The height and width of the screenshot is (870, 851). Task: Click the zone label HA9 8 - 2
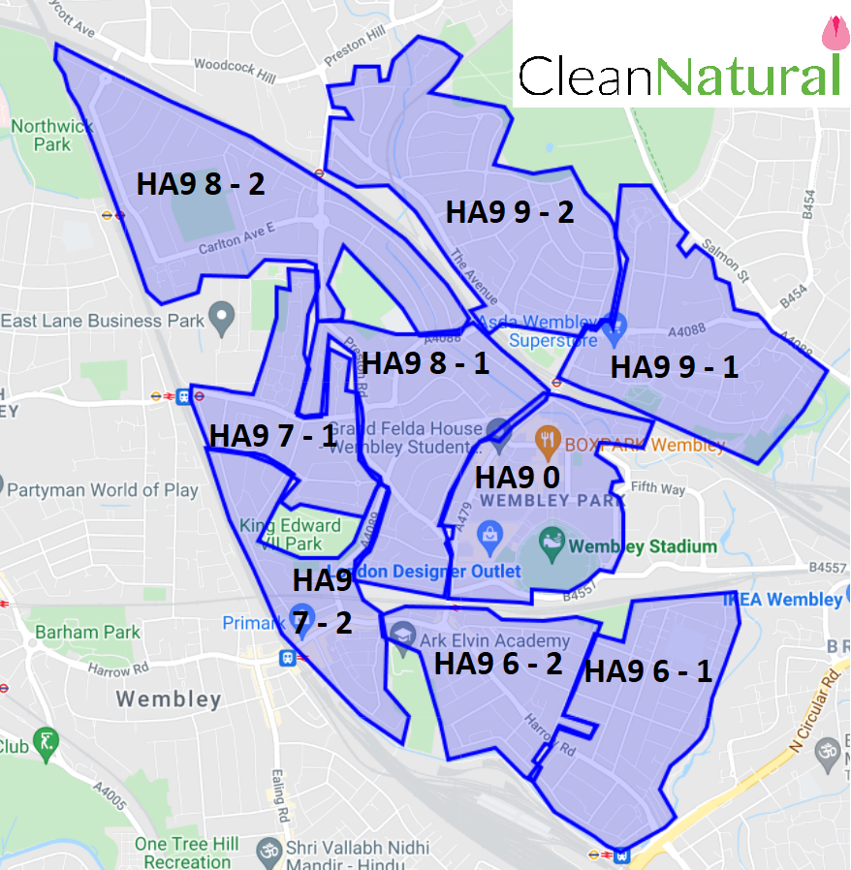point(201,184)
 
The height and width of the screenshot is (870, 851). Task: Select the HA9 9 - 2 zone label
point(510,212)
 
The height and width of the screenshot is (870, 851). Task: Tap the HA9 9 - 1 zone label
point(674,367)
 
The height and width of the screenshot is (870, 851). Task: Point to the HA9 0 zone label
point(517,478)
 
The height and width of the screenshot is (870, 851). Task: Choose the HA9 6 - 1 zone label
point(647,670)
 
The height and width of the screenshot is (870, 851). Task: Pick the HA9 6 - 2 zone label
point(498,664)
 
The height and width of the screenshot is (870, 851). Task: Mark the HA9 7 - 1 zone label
point(273,436)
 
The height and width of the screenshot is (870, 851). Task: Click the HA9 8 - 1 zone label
point(425,363)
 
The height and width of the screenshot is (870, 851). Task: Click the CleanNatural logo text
point(678,76)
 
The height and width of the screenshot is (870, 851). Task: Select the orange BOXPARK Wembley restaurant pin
point(549,441)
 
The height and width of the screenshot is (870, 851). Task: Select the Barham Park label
point(88,633)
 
